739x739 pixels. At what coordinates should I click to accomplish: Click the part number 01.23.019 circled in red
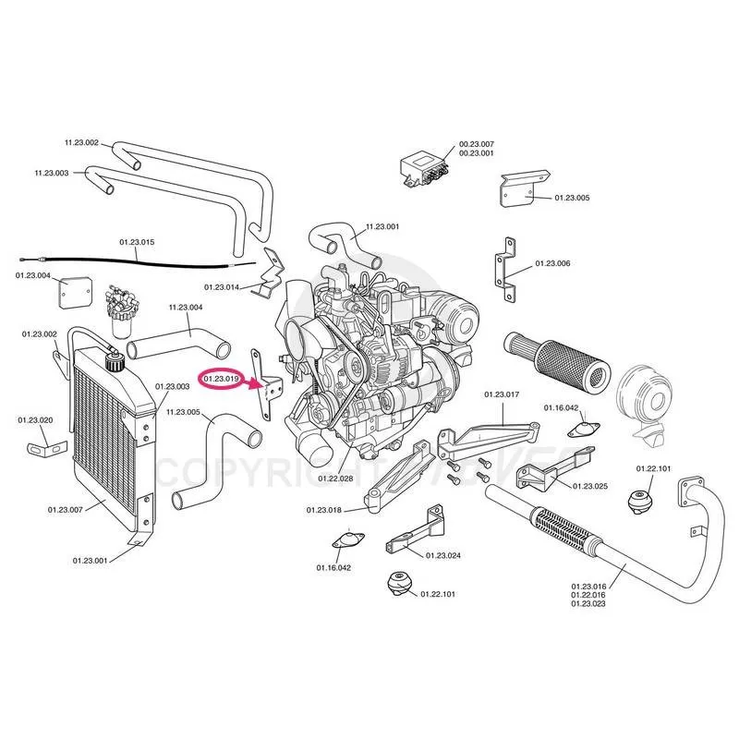tap(222, 378)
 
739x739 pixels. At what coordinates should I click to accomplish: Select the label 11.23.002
tap(81, 142)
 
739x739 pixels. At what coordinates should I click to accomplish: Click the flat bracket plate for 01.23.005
tap(512, 189)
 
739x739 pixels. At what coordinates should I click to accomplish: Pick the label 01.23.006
tap(552, 264)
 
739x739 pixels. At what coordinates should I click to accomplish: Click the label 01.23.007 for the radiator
tap(65, 509)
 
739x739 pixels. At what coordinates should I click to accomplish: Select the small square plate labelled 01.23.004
tap(73, 295)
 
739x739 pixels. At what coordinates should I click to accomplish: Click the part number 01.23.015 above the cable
tap(136, 242)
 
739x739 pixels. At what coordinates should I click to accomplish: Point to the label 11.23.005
tap(183, 412)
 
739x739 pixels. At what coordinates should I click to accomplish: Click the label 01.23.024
tap(442, 555)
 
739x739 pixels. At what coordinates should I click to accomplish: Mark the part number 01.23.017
tap(503, 394)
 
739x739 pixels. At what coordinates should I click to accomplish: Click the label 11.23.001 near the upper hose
tap(382, 226)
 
